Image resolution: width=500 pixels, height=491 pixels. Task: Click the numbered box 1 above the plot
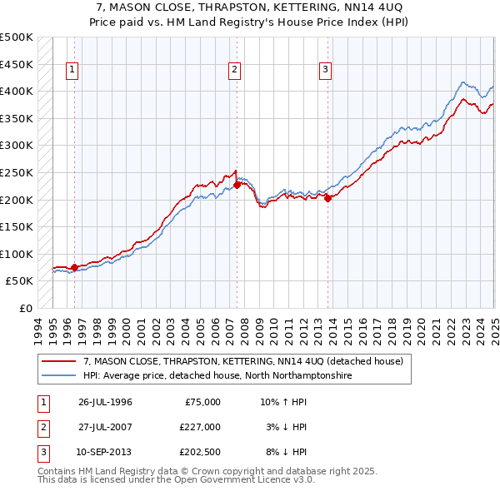[x=73, y=70]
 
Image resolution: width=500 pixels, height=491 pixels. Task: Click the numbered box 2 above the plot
[x=235, y=70]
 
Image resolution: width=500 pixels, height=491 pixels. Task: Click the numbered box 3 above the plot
[x=325, y=70]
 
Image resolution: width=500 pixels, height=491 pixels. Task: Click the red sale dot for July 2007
[x=237, y=185]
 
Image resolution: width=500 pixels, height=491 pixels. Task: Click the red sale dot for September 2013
[x=327, y=198]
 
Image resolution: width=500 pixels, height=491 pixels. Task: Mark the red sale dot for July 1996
[x=74, y=267]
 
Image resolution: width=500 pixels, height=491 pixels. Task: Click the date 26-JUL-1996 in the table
[x=105, y=402]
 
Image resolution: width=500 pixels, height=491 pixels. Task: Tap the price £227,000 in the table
[x=199, y=427]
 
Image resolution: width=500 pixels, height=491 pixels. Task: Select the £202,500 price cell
[x=199, y=452]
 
